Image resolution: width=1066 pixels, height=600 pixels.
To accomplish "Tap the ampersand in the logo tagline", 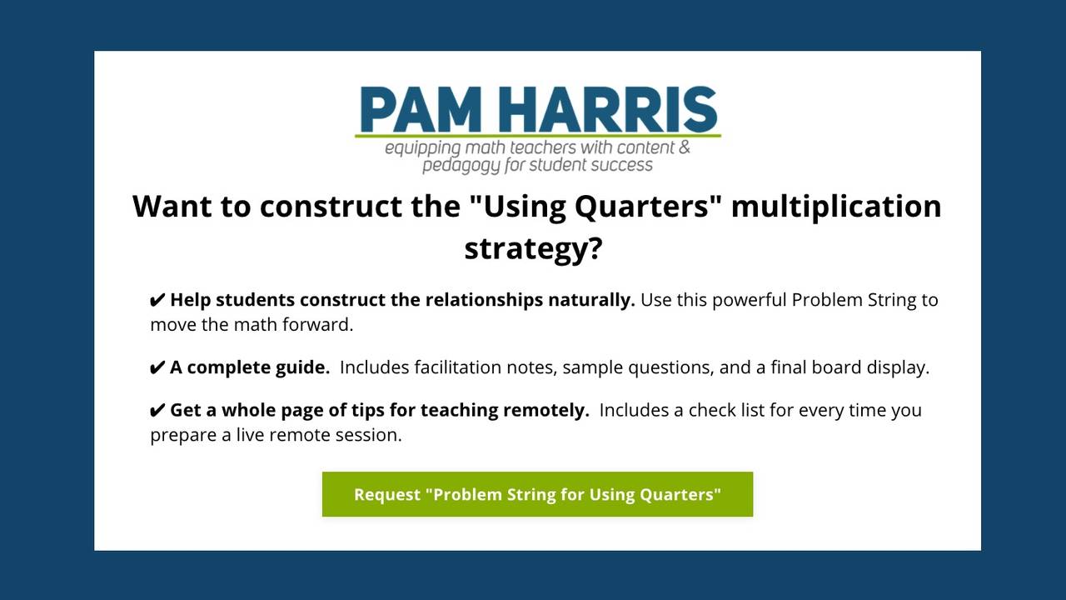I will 685,148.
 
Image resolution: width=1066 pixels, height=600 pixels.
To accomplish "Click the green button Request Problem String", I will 537,494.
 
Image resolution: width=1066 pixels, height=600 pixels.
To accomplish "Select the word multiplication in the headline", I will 836,206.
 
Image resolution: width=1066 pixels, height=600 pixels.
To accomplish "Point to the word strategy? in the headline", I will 533,248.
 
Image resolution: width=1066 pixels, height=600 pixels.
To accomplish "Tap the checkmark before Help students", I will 157,300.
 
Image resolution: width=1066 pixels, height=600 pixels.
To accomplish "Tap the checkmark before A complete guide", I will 157,367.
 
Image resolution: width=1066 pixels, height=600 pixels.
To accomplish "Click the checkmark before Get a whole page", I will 157,410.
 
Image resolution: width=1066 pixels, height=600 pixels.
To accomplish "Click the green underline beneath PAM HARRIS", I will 537,135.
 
